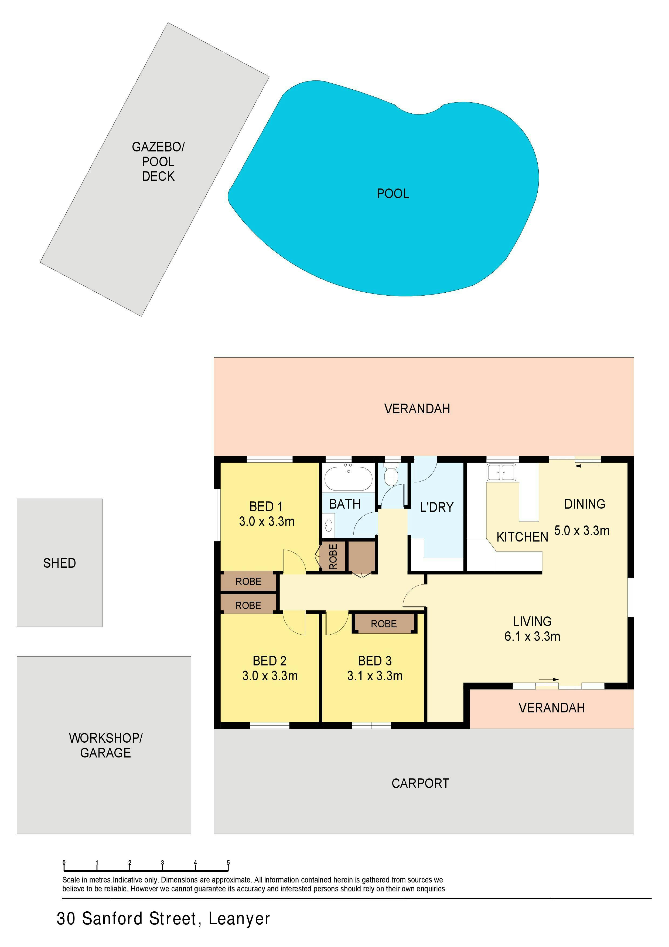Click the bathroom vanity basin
(x=329, y=525)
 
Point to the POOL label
(x=393, y=194)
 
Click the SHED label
(x=59, y=563)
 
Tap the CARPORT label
(x=420, y=783)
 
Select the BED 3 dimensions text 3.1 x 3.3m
(x=375, y=676)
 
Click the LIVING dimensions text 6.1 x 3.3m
(x=532, y=637)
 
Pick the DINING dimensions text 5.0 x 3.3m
(x=582, y=530)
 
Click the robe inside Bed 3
(x=384, y=623)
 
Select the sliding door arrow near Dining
(x=586, y=466)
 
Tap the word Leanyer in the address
(x=239, y=919)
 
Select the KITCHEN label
(x=522, y=537)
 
